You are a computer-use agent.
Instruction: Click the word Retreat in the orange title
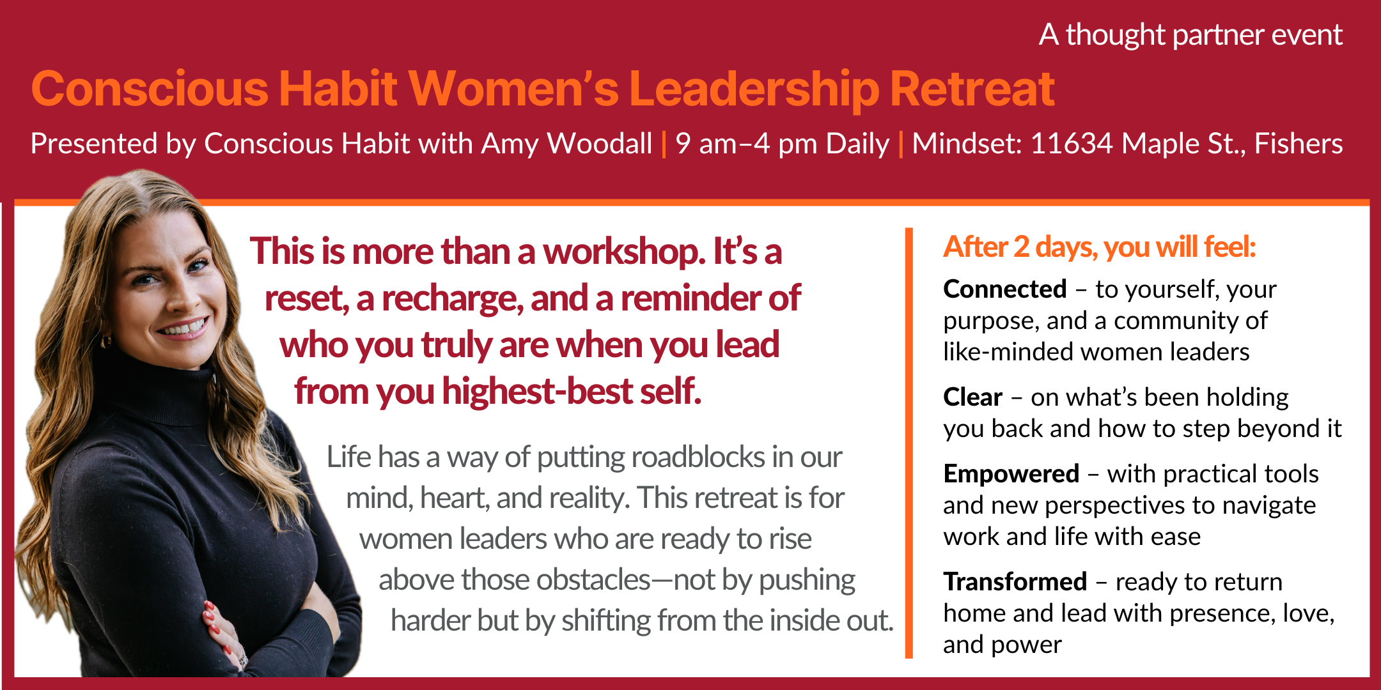(972, 89)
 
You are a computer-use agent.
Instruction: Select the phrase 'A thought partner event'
(1190, 35)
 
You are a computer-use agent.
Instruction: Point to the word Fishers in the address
(1299, 143)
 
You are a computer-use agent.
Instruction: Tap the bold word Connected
(1005, 289)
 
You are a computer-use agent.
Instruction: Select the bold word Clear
(972, 397)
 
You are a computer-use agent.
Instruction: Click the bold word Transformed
(1015, 582)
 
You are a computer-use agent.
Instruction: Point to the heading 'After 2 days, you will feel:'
(1100, 247)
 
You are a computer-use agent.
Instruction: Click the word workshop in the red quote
(624, 252)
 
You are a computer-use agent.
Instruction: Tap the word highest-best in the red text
(537, 392)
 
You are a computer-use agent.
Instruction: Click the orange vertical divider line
(909, 443)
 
